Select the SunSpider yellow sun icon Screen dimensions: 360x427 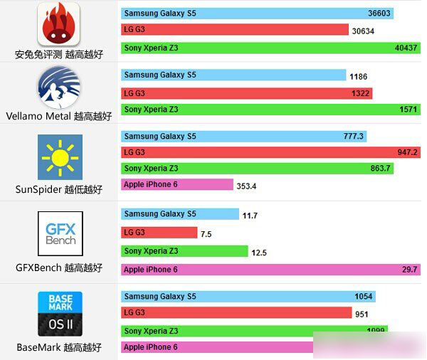click(60, 157)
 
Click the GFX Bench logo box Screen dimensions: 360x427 click(60, 233)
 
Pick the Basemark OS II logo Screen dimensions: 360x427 click(60, 314)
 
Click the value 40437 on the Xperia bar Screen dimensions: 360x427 click(406, 48)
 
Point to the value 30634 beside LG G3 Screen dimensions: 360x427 click(363, 31)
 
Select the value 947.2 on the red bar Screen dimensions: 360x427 click(408, 152)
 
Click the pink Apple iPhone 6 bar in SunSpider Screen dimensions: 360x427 click(177, 185)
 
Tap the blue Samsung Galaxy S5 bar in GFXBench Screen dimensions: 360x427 click(180, 214)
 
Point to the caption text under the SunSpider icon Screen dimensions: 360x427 click(58, 190)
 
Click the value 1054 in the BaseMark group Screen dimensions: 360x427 click(363, 297)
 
